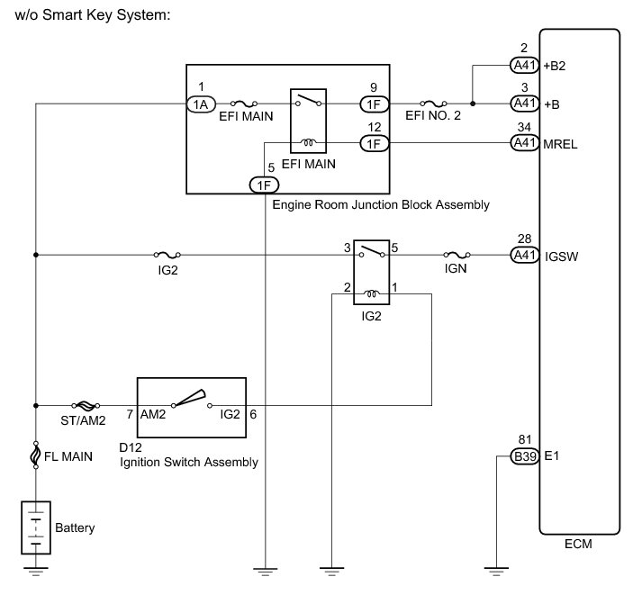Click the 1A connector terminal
point(200,104)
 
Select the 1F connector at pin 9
point(374,104)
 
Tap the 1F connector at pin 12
point(374,142)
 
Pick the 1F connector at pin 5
point(264,185)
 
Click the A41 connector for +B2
point(524,65)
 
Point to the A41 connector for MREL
point(524,142)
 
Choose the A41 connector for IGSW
point(524,256)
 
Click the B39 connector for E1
point(524,457)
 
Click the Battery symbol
point(35,528)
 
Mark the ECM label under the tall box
point(578,545)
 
